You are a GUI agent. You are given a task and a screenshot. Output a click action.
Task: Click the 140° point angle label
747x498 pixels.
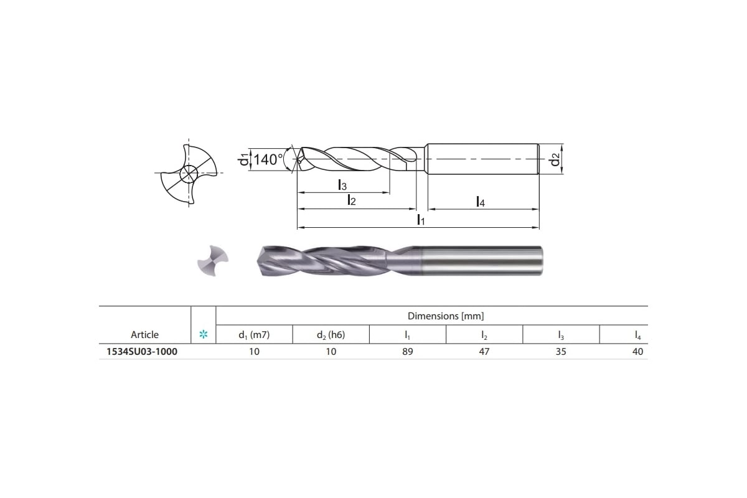click(x=268, y=159)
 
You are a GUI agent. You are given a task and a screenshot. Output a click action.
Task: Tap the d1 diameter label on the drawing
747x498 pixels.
click(x=243, y=159)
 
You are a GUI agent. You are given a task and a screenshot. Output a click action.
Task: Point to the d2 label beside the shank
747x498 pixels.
click(x=555, y=159)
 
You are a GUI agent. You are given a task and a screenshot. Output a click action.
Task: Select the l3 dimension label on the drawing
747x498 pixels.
click(x=342, y=185)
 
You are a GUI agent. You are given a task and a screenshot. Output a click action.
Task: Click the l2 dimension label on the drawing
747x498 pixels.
click(x=352, y=200)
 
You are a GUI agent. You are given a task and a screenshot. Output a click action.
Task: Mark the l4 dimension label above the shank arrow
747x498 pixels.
click(x=480, y=202)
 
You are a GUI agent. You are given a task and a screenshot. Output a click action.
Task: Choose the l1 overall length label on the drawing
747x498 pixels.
click(x=421, y=220)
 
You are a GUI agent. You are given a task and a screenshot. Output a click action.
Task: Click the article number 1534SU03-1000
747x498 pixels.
click(x=142, y=352)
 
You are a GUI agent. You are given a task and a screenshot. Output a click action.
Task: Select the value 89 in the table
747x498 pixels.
click(x=408, y=352)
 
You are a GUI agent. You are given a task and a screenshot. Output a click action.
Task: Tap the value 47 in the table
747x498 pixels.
click(x=484, y=352)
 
